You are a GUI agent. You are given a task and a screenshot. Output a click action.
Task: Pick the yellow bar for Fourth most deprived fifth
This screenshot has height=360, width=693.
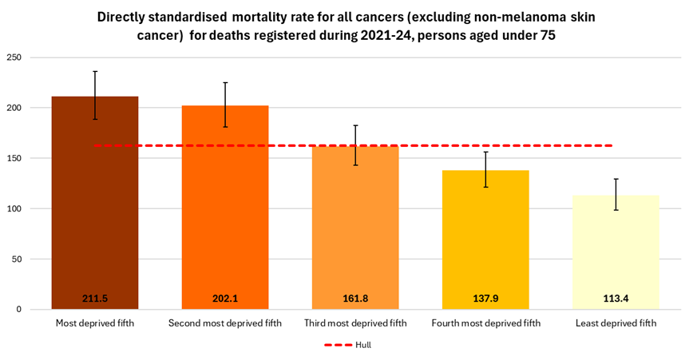click(x=485, y=239)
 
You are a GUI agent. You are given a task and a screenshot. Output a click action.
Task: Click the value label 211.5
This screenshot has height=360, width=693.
click(x=95, y=299)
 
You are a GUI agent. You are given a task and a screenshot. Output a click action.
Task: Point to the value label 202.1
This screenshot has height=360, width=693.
click(x=225, y=299)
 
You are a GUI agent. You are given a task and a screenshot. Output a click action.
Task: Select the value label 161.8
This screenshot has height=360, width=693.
click(x=355, y=299)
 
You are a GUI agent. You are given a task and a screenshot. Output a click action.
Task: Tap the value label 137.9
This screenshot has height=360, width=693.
click(x=485, y=299)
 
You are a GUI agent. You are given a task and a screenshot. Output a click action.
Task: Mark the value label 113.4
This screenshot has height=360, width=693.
click(x=616, y=299)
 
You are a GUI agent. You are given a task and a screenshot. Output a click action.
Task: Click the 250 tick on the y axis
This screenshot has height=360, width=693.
click(x=14, y=57)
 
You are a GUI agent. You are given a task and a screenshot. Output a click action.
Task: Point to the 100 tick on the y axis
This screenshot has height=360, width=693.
click(x=14, y=208)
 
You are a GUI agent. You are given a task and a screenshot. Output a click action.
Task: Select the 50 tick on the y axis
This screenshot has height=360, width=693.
click(x=17, y=259)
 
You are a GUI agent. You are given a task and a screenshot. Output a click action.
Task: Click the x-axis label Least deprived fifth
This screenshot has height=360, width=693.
click(x=616, y=323)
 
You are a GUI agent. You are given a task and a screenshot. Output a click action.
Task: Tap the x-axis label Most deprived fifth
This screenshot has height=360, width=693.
click(x=95, y=323)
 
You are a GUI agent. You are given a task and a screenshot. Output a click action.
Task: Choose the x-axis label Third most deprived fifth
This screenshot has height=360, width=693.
click(x=355, y=323)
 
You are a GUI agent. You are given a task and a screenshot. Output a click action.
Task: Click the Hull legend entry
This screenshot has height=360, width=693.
click(x=347, y=345)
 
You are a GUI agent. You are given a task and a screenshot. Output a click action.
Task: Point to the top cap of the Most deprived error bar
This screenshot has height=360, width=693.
click(x=95, y=71)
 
